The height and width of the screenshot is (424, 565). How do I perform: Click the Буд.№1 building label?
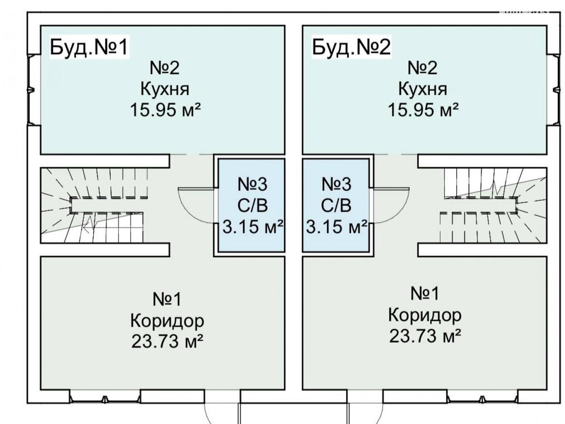click(89, 47)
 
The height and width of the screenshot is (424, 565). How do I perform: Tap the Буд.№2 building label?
click(351, 47)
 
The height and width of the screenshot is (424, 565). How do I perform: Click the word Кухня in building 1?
click(165, 89)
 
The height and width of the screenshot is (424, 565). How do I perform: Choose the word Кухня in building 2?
click(423, 89)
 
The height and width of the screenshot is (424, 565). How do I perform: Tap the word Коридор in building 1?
click(167, 321)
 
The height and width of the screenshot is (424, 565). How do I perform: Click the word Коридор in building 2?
click(425, 315)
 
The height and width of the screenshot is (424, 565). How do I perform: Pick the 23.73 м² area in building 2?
click(425, 336)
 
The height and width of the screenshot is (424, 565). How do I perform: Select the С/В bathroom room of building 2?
click(336, 205)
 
